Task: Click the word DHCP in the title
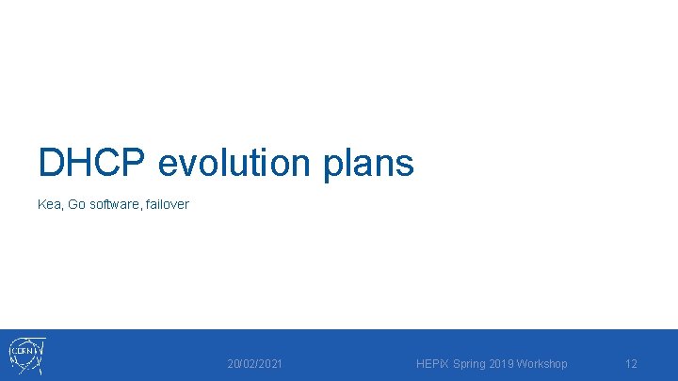(x=92, y=163)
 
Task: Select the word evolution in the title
(x=234, y=163)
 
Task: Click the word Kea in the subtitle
(x=49, y=204)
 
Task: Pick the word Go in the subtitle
(x=77, y=204)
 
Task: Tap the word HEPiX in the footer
(x=432, y=363)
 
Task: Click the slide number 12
(x=632, y=363)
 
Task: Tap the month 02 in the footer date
(x=248, y=363)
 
